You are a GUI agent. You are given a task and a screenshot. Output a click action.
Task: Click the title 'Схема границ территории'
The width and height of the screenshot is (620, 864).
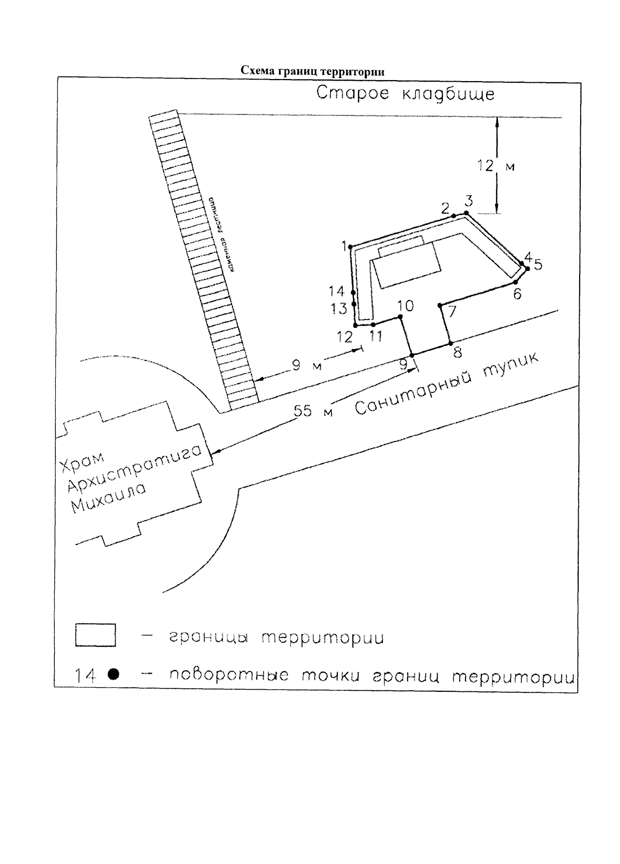click(x=313, y=71)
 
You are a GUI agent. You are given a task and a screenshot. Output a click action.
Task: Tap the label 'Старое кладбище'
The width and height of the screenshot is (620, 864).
click(x=406, y=95)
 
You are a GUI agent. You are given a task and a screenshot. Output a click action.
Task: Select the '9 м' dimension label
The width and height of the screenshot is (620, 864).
click(x=307, y=366)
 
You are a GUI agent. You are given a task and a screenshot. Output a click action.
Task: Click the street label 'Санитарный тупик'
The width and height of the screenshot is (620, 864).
click(x=447, y=384)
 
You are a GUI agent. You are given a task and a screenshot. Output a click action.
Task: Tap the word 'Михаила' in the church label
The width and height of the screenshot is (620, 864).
click(x=109, y=498)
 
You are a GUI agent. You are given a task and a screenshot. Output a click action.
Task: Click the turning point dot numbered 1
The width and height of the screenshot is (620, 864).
click(x=351, y=247)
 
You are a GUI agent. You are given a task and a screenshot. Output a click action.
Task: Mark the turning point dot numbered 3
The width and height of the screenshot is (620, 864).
click(x=466, y=213)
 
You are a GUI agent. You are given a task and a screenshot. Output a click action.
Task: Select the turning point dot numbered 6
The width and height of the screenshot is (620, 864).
click(x=516, y=282)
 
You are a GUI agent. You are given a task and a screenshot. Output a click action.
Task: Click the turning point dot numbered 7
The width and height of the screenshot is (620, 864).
click(x=440, y=305)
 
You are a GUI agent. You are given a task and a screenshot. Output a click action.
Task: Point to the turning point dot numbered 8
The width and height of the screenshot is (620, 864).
click(x=451, y=343)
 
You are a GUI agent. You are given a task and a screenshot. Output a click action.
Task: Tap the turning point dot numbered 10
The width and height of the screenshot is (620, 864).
click(x=400, y=316)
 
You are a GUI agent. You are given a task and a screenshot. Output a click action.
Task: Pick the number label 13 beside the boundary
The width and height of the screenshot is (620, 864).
click(x=339, y=309)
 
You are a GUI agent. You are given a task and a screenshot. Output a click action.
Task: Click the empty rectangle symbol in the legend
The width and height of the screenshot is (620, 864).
click(x=96, y=635)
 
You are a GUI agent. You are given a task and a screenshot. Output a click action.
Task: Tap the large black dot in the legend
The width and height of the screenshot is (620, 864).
click(x=114, y=674)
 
